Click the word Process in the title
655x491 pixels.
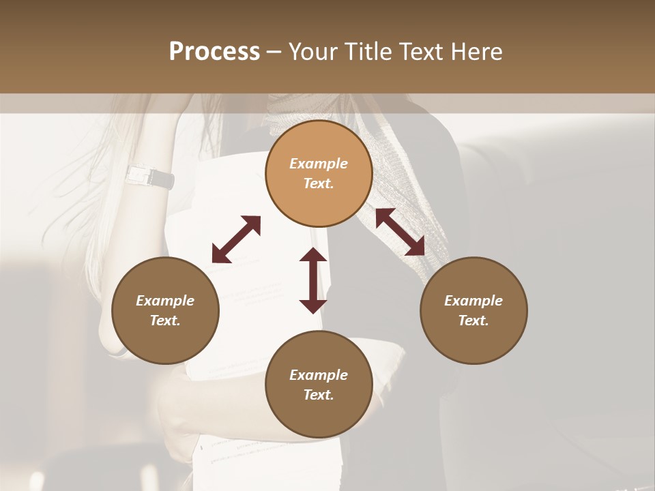tap(214, 52)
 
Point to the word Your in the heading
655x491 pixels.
tap(313, 52)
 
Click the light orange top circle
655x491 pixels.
tap(319, 173)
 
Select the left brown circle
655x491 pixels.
tap(165, 310)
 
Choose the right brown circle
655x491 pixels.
tap(474, 310)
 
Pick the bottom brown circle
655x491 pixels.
tap(319, 385)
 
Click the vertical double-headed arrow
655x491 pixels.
tap(313, 280)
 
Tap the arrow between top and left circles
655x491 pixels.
tap(236, 239)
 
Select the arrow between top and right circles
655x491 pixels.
tap(401, 232)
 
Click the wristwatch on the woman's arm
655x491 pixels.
tap(150, 177)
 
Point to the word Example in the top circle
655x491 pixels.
tap(319, 164)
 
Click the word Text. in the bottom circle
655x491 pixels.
tap(319, 395)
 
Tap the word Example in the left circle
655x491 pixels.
tap(165, 301)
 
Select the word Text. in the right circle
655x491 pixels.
tap(474, 321)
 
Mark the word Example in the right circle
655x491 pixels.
tap(474, 301)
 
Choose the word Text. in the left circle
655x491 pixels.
tap(165, 321)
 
